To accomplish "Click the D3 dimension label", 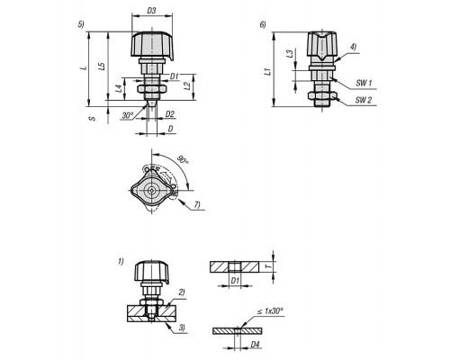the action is point(152,11).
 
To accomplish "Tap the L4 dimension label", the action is point(119,88).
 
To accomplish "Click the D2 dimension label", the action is point(170,114).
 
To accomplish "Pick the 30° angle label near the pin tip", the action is point(128,115).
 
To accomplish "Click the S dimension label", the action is point(93,119).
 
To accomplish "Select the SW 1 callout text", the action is point(364,83).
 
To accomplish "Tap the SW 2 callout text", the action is point(364,100).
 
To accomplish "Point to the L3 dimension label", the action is point(290,54).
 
